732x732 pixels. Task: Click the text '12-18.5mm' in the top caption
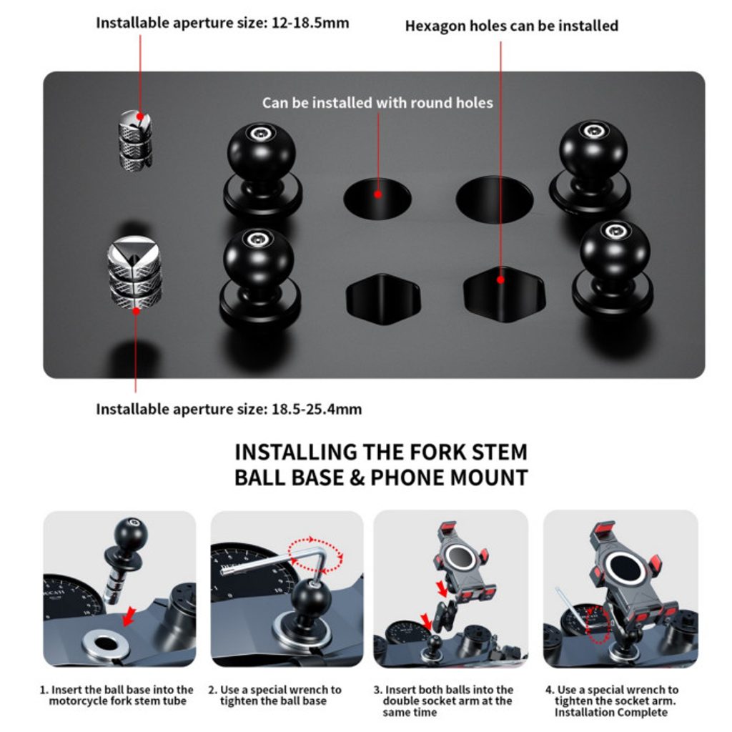click(310, 23)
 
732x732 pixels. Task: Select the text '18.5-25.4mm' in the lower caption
click(317, 410)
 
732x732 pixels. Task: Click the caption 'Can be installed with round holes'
click(377, 103)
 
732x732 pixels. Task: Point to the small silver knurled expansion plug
click(135, 139)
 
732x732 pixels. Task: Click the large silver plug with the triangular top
click(134, 272)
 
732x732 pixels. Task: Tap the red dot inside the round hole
click(378, 194)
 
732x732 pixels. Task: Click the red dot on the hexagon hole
click(500, 280)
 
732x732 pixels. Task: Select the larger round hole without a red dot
click(495, 199)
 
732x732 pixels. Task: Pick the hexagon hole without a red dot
click(383, 300)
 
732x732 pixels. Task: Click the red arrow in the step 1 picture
click(128, 616)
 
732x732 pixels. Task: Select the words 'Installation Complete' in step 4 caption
click(611, 713)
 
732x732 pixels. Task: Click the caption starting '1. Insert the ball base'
click(117, 695)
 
